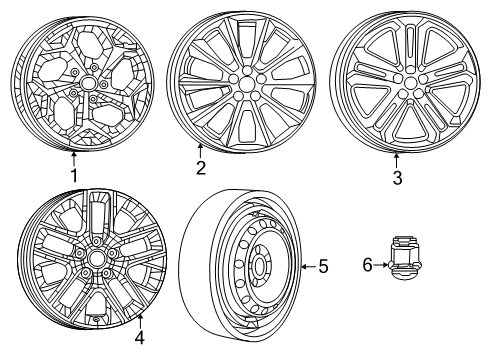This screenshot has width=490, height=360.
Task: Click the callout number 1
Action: tap(72, 174)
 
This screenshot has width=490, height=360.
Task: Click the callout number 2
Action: tap(200, 168)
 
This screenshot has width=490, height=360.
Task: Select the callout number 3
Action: tap(397, 178)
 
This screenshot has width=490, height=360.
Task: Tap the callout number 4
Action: tap(140, 338)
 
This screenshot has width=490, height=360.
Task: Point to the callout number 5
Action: tap(322, 266)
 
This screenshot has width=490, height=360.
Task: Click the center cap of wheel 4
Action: tap(98, 257)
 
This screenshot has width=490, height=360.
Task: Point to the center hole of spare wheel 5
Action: tap(258, 268)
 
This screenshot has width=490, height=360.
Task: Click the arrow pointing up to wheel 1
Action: tap(72, 156)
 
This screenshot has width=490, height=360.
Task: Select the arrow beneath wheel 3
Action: tap(397, 159)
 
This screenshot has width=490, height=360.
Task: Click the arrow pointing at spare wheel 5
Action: tap(307, 266)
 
